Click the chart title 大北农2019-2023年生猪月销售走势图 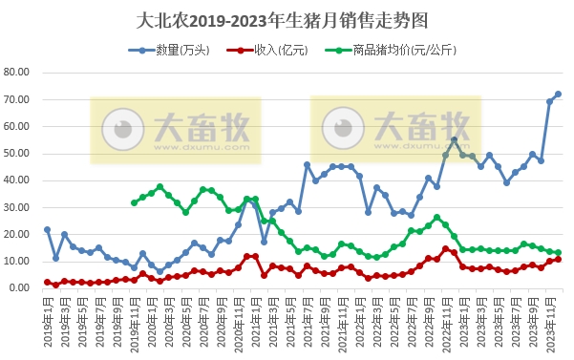pos(287,18)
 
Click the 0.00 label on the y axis pos(22,287)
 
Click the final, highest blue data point pos(558,94)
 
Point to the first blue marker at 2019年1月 pos(47,229)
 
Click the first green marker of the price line pos(134,202)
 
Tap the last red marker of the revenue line pos(558,259)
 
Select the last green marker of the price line pos(558,252)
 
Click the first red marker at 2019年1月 pos(47,282)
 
